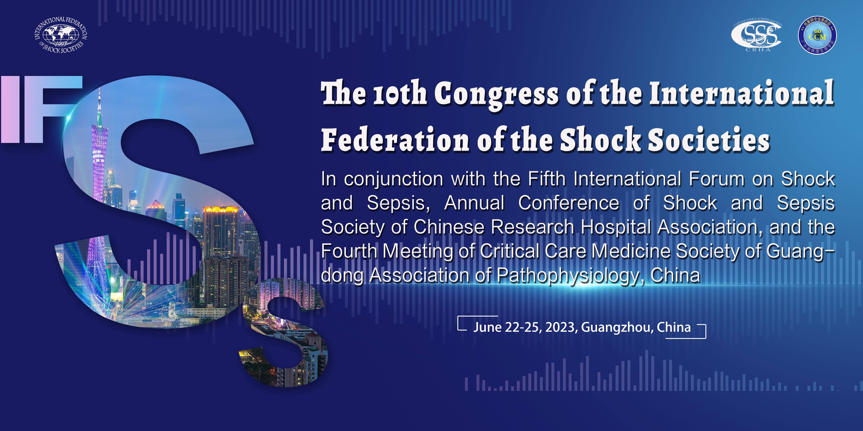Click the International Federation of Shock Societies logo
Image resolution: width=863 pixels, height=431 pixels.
pyautogui.click(x=61, y=35)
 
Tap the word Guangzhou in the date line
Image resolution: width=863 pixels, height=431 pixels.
pyautogui.click(x=617, y=327)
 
